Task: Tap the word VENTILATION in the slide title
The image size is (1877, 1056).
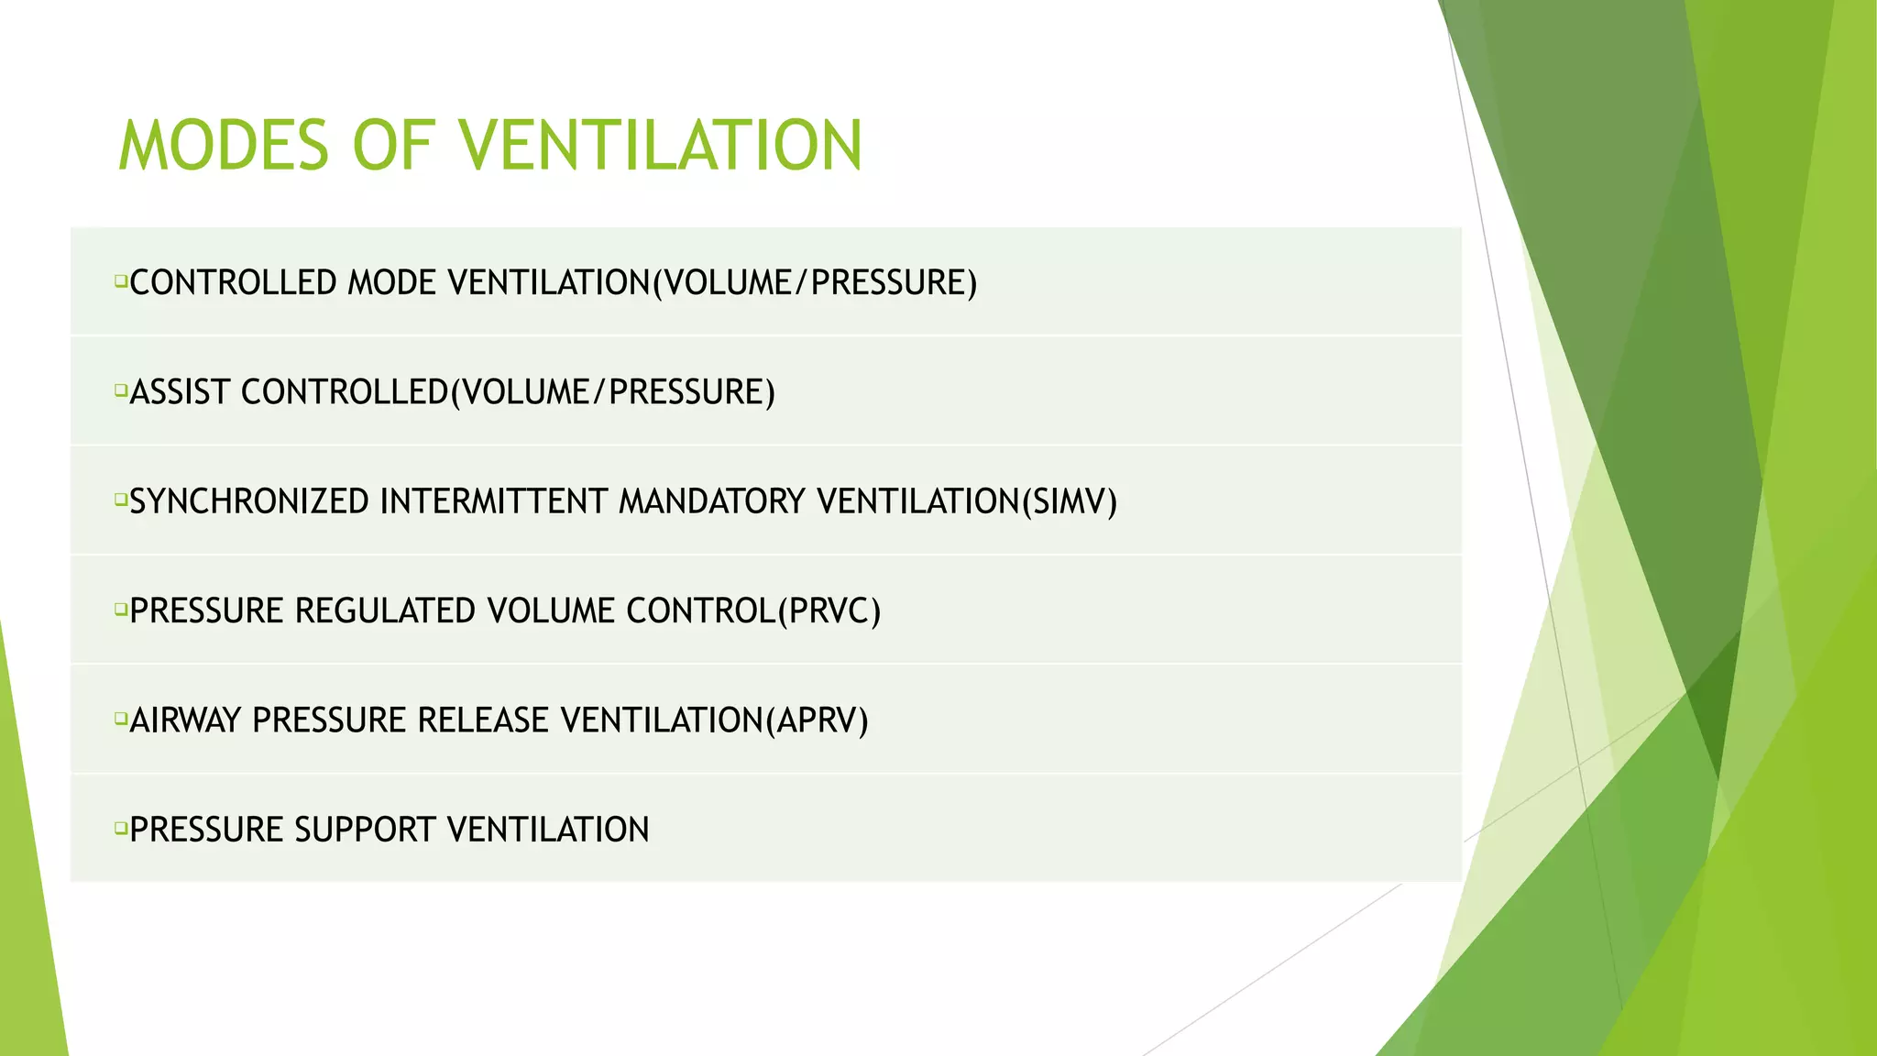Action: tap(660, 146)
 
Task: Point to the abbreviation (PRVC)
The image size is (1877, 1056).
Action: tap(829, 611)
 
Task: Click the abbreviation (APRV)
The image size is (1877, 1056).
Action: tap(817, 720)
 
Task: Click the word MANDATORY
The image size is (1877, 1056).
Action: tap(711, 502)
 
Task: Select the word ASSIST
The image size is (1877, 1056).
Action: tap(180, 392)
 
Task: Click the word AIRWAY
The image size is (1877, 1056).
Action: tap(185, 720)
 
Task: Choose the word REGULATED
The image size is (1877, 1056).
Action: tap(385, 611)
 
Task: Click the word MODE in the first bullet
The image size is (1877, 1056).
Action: tap(391, 283)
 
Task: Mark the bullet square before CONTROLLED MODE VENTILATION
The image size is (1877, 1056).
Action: tap(120, 281)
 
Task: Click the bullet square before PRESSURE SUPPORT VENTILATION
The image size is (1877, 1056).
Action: tap(120, 829)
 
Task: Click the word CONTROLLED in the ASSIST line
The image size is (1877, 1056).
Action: tap(345, 392)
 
